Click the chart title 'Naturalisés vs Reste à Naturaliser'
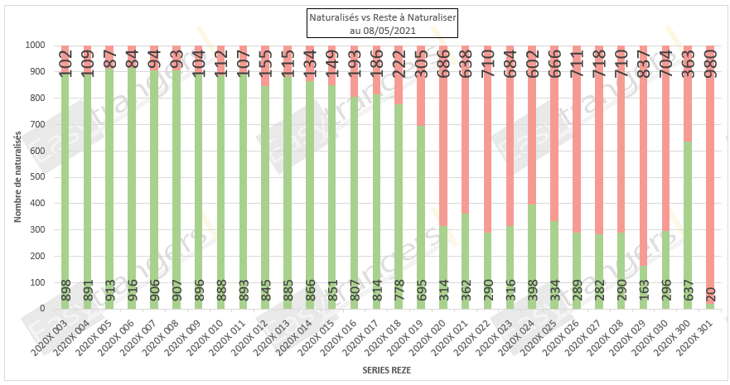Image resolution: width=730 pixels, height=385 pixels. click(365, 17)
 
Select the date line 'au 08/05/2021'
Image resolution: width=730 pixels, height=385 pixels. click(365, 30)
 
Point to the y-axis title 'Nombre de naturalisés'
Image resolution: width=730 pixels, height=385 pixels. click(17, 176)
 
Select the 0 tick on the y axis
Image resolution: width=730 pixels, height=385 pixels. click(42, 309)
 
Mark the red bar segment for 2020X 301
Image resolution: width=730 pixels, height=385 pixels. click(710, 182)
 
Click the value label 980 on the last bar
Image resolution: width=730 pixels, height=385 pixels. click(710, 63)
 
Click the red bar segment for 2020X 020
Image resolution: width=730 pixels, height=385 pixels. click(443, 149)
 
